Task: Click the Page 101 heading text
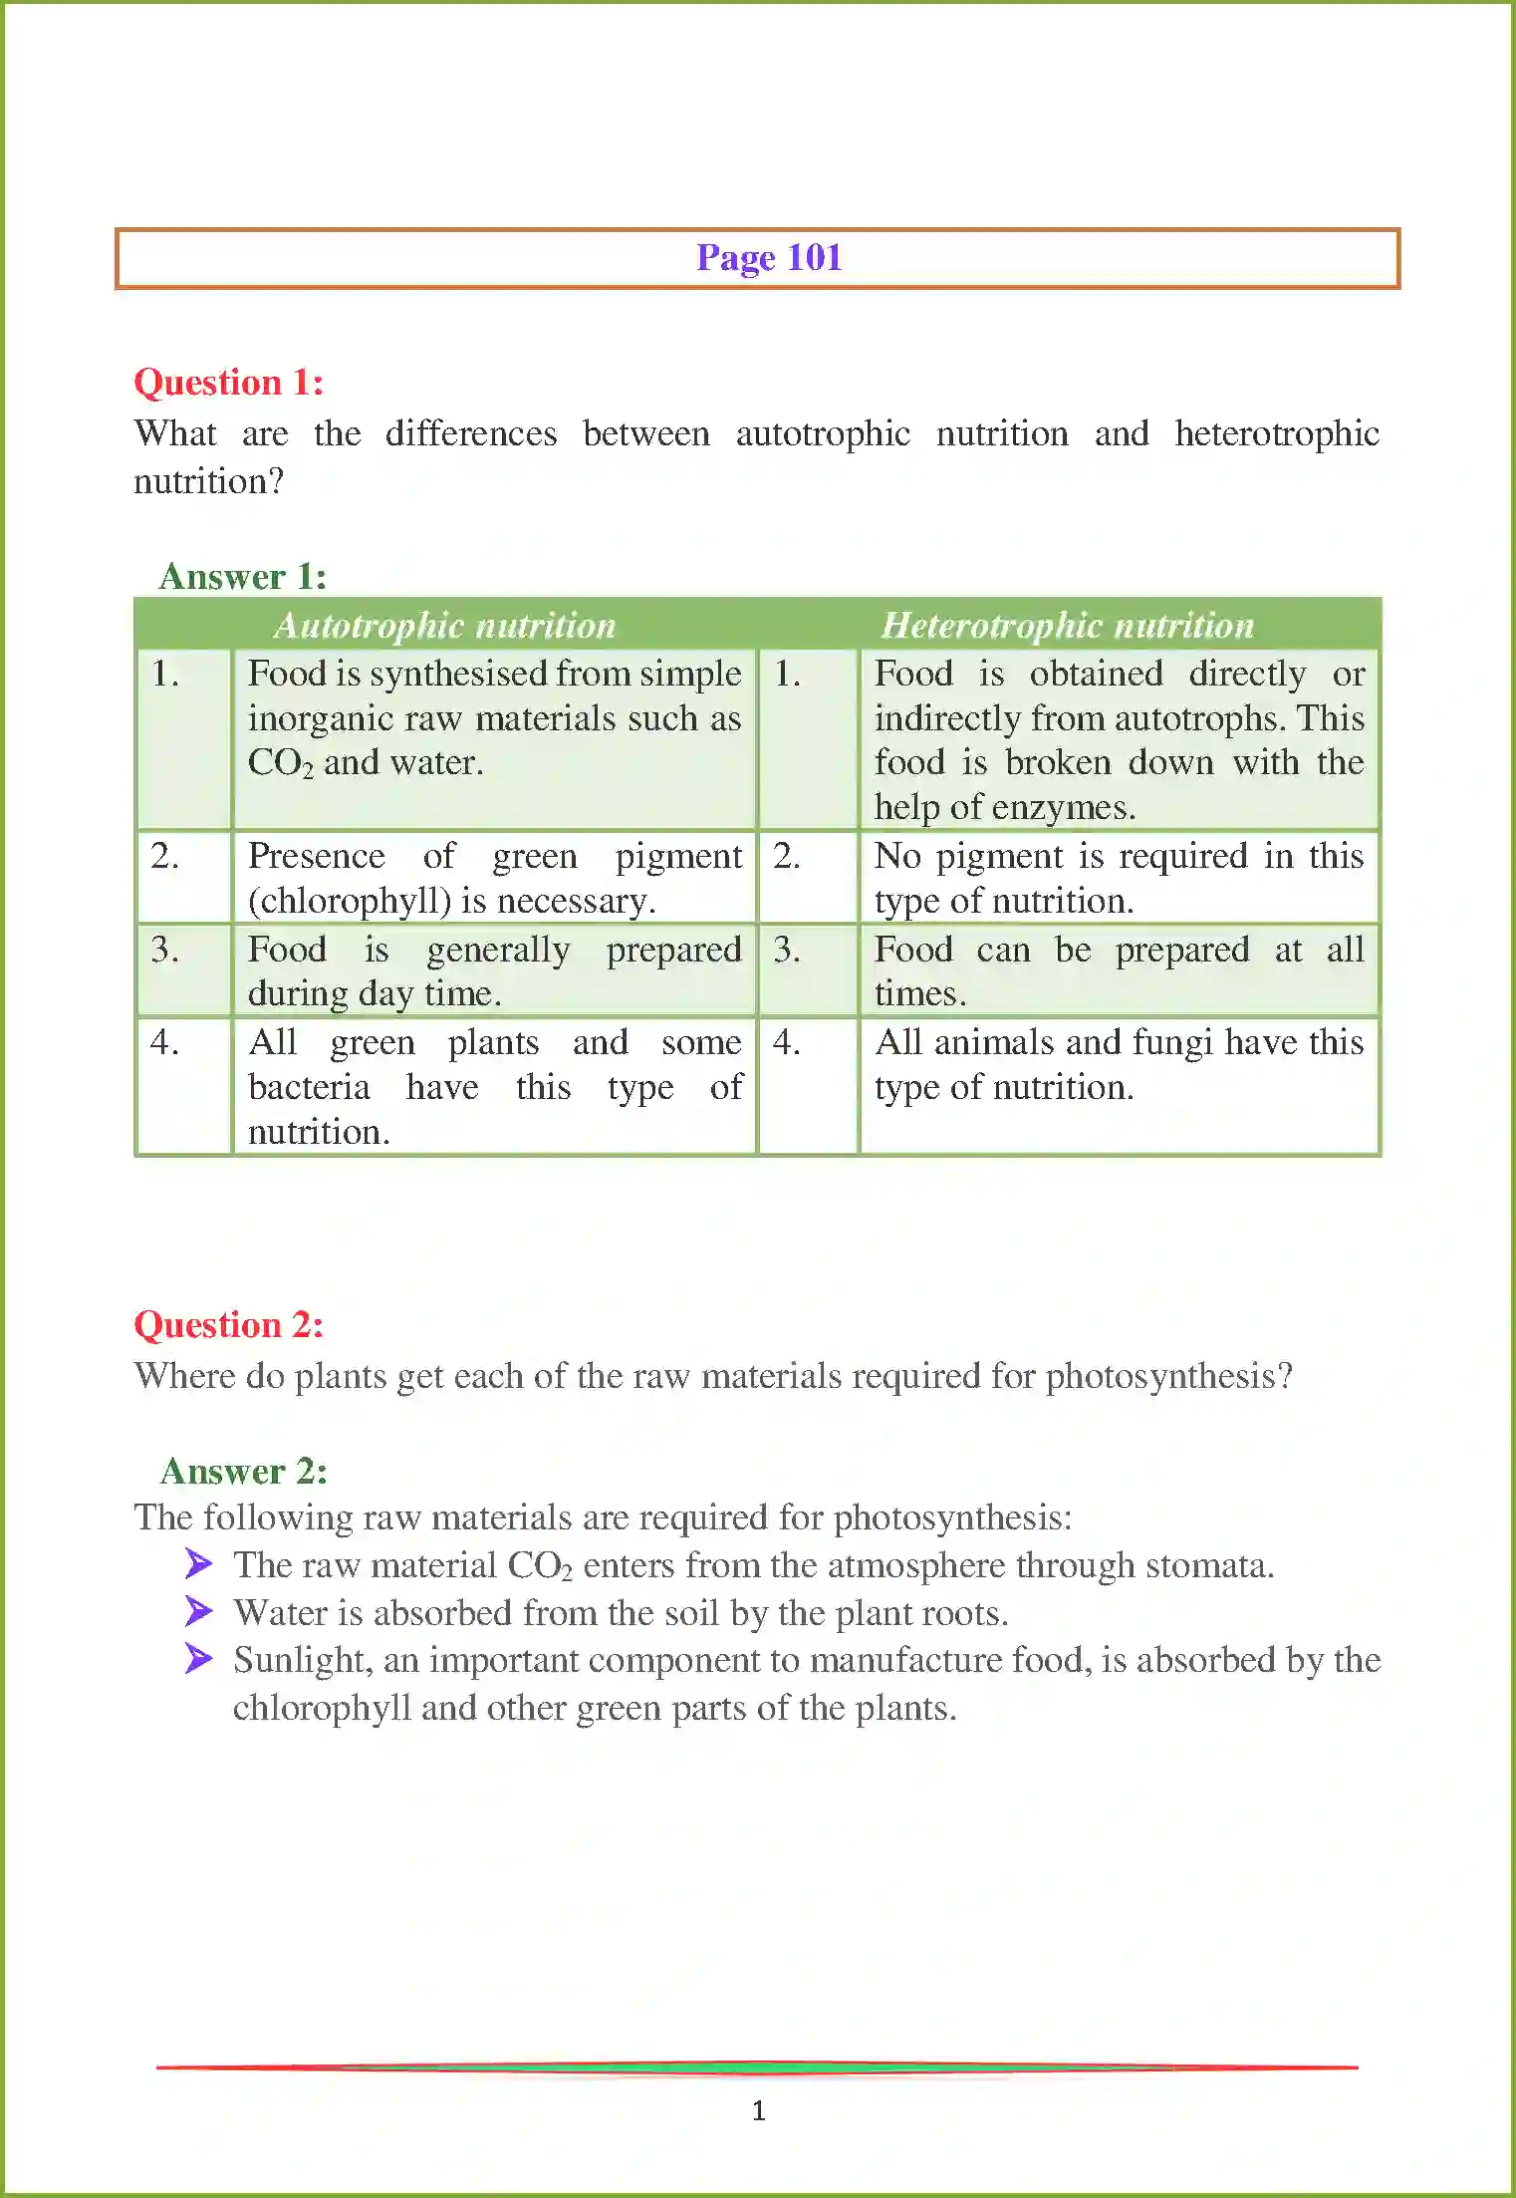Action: [x=769, y=258]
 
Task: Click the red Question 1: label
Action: [x=228, y=383]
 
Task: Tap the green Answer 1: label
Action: [x=242, y=577]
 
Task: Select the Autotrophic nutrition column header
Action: [x=445, y=626]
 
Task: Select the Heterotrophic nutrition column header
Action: [x=1067, y=626]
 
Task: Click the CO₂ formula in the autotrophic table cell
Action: [x=280, y=763]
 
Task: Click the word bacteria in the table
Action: [x=309, y=1087]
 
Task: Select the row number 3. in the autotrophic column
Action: [x=164, y=950]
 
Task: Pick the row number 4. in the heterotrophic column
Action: [x=786, y=1042]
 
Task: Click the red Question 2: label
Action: [x=228, y=1325]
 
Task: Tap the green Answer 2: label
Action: [x=243, y=1472]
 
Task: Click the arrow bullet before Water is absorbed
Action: [x=198, y=1611]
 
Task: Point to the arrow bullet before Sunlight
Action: [x=198, y=1659]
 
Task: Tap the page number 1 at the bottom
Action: [x=758, y=2110]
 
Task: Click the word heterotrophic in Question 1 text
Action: [x=1276, y=434]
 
